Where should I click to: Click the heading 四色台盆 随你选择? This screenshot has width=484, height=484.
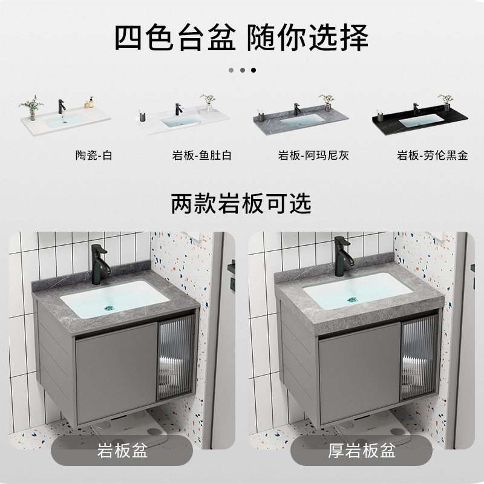click(241, 38)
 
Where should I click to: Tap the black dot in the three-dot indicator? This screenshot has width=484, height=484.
click(253, 70)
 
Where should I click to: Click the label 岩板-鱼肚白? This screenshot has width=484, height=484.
click(201, 155)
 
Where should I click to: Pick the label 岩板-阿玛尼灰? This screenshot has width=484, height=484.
click(313, 155)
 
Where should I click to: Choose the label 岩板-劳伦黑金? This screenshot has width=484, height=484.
click(432, 155)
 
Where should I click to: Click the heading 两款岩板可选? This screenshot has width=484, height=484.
click(241, 203)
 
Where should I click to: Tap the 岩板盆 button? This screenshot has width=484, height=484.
click(122, 451)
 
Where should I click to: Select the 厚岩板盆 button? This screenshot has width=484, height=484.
click(362, 451)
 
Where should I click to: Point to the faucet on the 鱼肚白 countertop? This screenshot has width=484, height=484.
click(178, 110)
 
